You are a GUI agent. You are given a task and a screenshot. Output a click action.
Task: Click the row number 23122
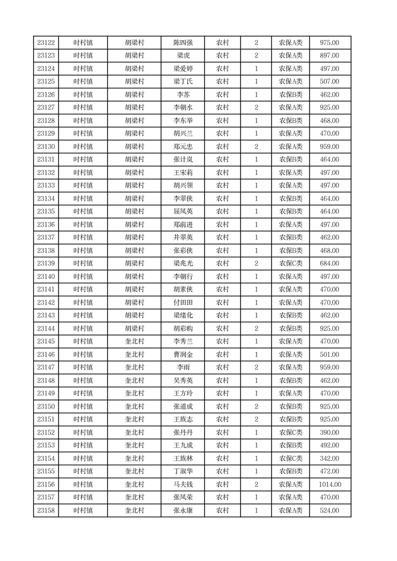coord(46,43)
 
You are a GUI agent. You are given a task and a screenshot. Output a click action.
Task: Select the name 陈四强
coord(182,43)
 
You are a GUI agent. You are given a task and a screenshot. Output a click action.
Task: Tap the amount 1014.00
coord(330,484)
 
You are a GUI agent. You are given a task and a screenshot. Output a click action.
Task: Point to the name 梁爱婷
coord(182,69)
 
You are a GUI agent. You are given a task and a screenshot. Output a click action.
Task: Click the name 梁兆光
coord(182,263)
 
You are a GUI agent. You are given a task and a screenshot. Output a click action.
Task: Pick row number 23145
coord(46,341)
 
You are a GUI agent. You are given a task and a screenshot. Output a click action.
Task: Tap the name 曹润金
coord(182,354)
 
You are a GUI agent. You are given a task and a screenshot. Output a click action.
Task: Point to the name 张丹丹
coord(182,432)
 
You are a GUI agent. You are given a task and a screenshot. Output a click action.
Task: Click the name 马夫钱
coord(182,484)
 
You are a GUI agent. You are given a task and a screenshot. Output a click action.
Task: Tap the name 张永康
coord(182,510)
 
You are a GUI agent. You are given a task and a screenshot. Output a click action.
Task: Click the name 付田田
coord(182,302)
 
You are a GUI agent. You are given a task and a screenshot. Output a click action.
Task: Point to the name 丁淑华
coord(182,471)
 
